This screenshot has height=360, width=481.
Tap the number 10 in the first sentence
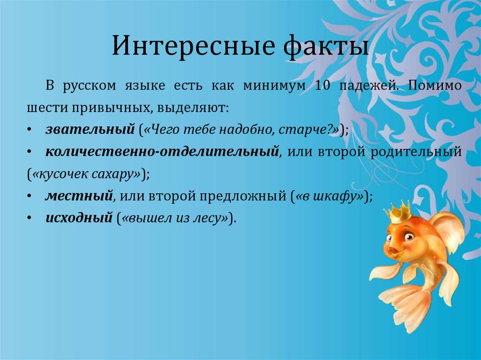322,85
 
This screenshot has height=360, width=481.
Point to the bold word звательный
90,129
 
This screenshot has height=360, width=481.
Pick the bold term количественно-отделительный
162,152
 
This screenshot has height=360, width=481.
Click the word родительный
416,152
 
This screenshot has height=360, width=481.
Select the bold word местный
79,196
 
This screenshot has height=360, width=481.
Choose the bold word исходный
79,218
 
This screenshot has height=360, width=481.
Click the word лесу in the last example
207,218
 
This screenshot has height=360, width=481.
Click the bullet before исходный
29,218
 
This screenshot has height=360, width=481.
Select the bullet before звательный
29,130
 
